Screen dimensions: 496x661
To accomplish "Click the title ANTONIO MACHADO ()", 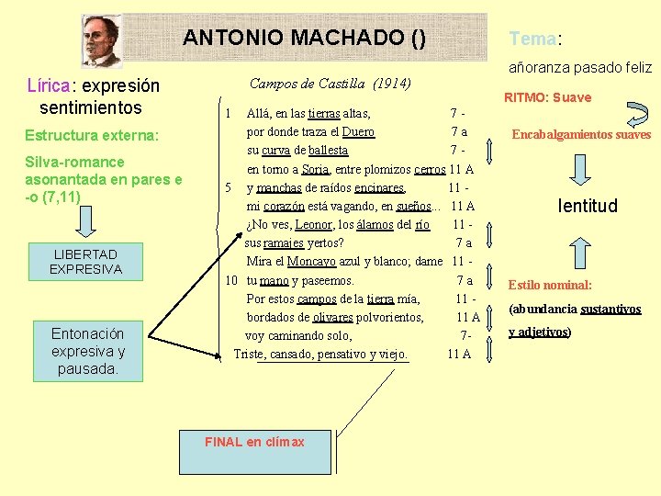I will point(304,38).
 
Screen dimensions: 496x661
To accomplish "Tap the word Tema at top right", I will point(532,39).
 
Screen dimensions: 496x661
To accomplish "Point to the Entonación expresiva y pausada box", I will point(87,351).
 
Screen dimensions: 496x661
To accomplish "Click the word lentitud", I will point(588,206).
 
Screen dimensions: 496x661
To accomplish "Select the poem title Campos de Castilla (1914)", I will point(330,85).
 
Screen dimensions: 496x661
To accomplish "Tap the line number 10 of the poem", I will point(231,279).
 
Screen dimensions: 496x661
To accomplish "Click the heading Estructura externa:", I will point(92,136).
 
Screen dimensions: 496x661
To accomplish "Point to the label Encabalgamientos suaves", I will point(581,134).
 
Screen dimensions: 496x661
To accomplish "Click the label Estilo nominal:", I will point(551,285).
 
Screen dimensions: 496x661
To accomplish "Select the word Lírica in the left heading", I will point(49,86).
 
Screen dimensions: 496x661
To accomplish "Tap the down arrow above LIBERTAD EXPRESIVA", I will point(84,222).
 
